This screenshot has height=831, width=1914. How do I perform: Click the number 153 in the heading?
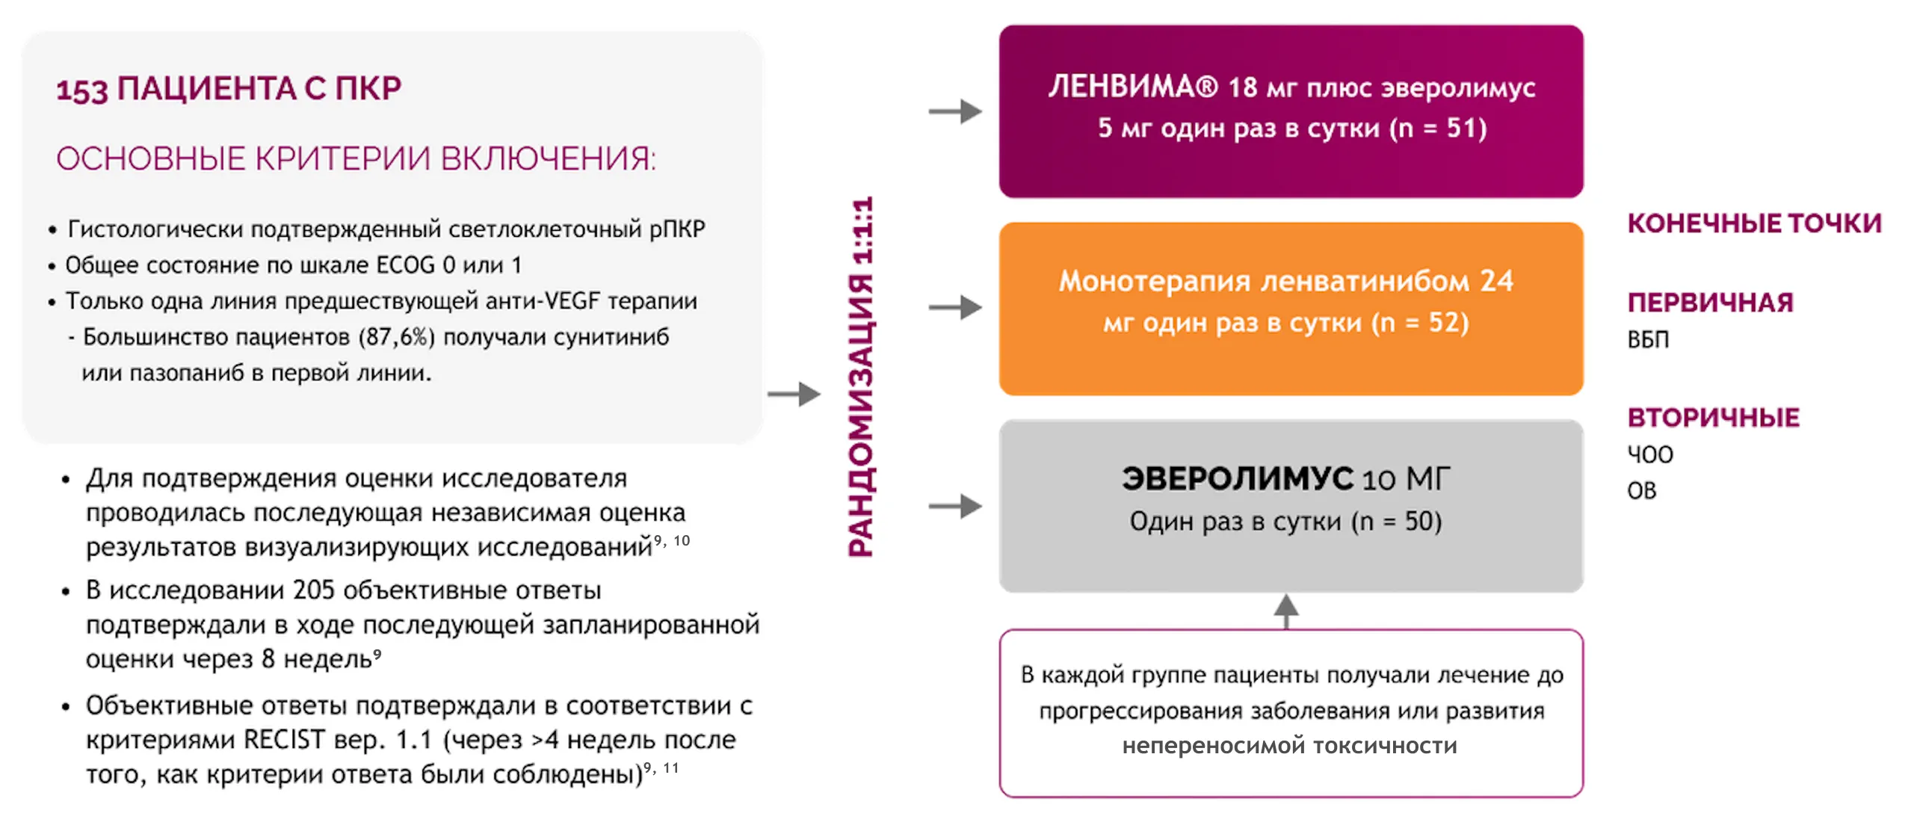tap(82, 90)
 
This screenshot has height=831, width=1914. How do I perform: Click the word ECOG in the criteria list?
tap(405, 265)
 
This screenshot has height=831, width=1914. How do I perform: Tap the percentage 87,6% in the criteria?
tap(396, 337)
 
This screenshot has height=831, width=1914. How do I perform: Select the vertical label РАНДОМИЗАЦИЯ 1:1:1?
tap(862, 377)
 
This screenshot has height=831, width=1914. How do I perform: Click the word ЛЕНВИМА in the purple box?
tap(1132, 87)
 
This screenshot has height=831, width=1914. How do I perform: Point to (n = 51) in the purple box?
tap(1438, 129)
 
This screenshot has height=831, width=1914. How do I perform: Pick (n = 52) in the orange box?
tap(1420, 323)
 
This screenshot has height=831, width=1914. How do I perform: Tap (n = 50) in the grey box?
tap(1396, 522)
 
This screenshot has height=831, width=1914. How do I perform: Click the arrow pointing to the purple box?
tap(955, 112)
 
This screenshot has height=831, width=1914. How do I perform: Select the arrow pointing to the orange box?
tap(955, 307)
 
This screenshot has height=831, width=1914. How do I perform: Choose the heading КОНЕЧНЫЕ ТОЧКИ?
tap(1754, 223)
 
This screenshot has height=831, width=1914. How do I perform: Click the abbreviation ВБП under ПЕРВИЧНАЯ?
tap(1648, 340)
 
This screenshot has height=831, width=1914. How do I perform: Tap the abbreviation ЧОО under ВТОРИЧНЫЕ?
tap(1650, 454)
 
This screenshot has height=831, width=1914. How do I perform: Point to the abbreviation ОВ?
tap(1642, 491)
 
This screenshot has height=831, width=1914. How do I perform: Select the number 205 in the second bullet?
tap(313, 590)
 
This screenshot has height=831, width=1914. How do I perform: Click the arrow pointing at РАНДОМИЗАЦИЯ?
tap(794, 394)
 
